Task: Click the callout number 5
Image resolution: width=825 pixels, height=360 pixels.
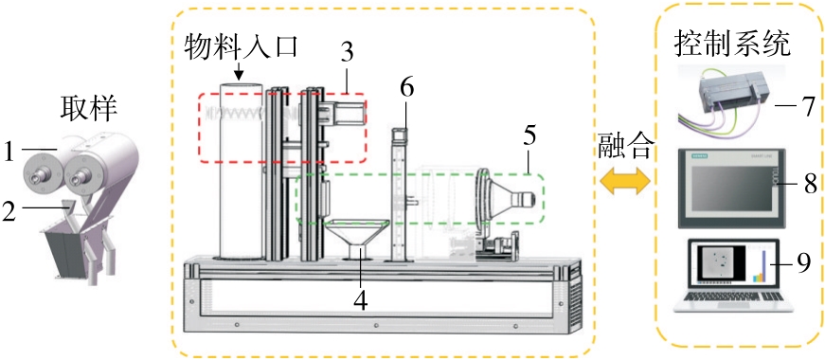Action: coord(529,136)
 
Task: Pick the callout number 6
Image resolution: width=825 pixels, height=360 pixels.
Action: coord(406,88)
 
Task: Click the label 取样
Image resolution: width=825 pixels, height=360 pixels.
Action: coord(88,112)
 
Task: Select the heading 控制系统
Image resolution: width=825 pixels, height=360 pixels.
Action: coord(731,45)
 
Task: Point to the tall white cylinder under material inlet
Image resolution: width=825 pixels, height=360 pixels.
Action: coord(240,171)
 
